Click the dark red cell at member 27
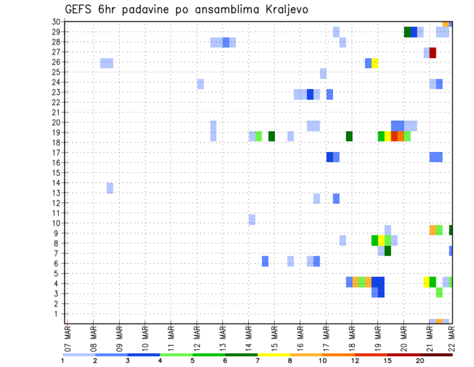coord(433,52)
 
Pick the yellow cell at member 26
coord(375,63)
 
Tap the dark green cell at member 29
coord(407,32)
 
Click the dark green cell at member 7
coord(388,251)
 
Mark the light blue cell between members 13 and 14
coord(110,188)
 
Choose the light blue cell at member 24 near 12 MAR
coord(200,84)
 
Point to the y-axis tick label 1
coord(58,314)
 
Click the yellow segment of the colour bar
coord(274,355)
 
